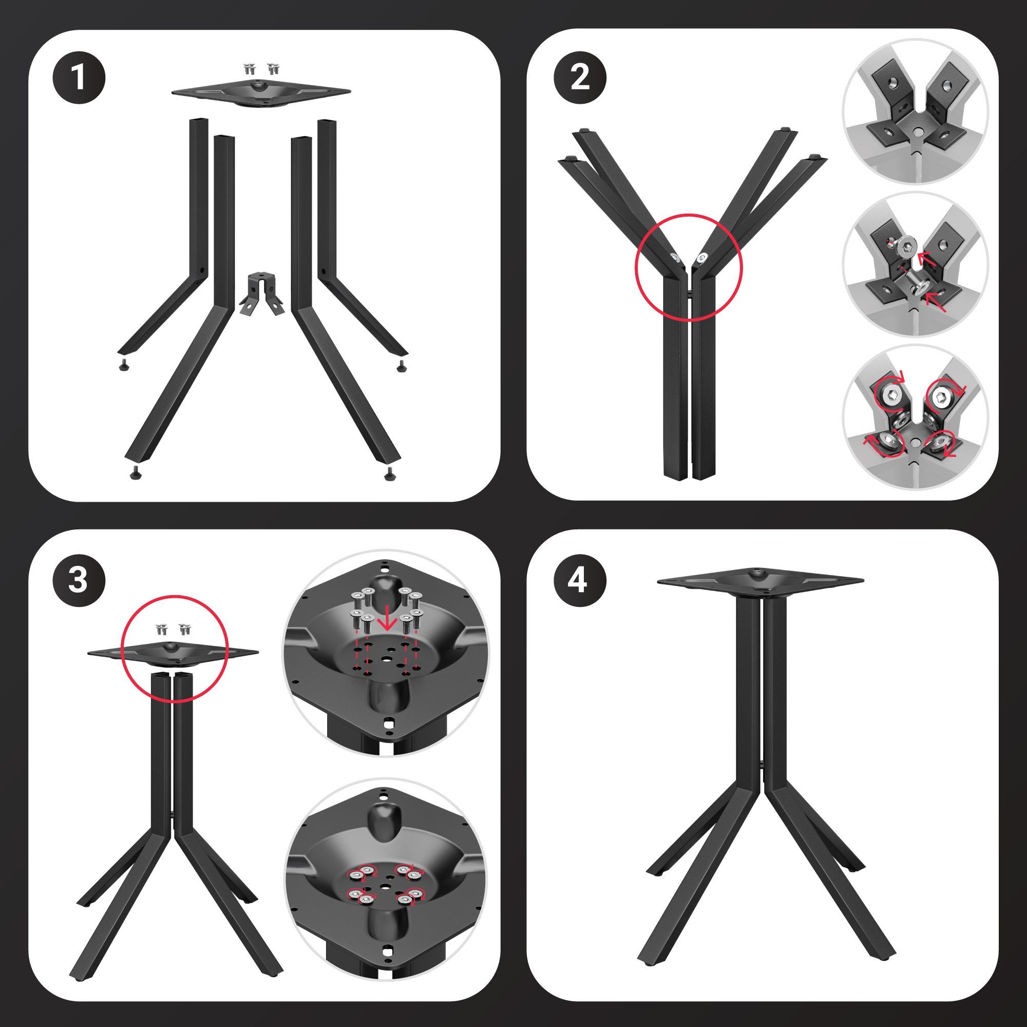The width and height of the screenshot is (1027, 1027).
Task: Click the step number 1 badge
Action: pos(79,78)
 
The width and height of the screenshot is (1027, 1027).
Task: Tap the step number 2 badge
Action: pos(580,78)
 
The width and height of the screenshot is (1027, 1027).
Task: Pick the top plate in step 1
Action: pos(261,92)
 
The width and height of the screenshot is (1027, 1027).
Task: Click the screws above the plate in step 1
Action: pos(261,68)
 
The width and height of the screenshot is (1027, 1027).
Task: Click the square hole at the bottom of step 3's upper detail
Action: pos(390,722)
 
